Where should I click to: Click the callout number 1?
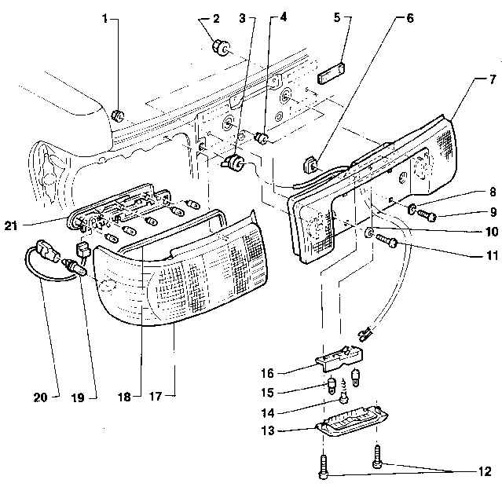104,19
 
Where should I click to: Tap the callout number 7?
493,79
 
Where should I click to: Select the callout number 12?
486,471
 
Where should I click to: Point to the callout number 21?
11,226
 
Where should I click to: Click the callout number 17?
156,397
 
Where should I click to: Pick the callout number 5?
337,17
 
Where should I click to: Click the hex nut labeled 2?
220,48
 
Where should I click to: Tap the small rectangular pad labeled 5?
331,73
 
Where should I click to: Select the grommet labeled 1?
118,115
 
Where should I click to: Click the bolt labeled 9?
427,215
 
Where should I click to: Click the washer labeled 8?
412,209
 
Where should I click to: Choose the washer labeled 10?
368,233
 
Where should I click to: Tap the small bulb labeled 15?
332,386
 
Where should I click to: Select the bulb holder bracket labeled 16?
339,358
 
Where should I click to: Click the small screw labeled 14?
344,391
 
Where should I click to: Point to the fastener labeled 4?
262,138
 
